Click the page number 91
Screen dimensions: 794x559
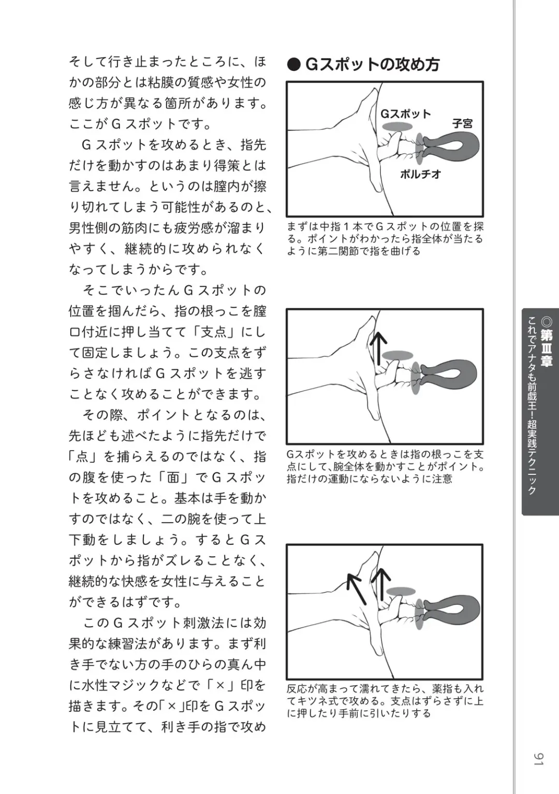pos(538,759)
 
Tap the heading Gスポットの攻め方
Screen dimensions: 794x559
pos(373,65)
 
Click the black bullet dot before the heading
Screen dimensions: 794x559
pos(293,65)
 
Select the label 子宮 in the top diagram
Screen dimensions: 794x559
pos(462,124)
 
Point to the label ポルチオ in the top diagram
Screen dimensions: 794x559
pos(420,174)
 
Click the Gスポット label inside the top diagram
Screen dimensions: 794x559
pos(406,114)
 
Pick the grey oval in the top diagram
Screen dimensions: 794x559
pos(398,127)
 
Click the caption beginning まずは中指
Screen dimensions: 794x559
pos(385,239)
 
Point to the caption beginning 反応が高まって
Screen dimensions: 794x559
pos(385,701)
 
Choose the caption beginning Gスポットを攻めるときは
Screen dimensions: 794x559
pos(385,466)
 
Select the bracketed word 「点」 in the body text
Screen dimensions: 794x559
pos(82,456)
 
